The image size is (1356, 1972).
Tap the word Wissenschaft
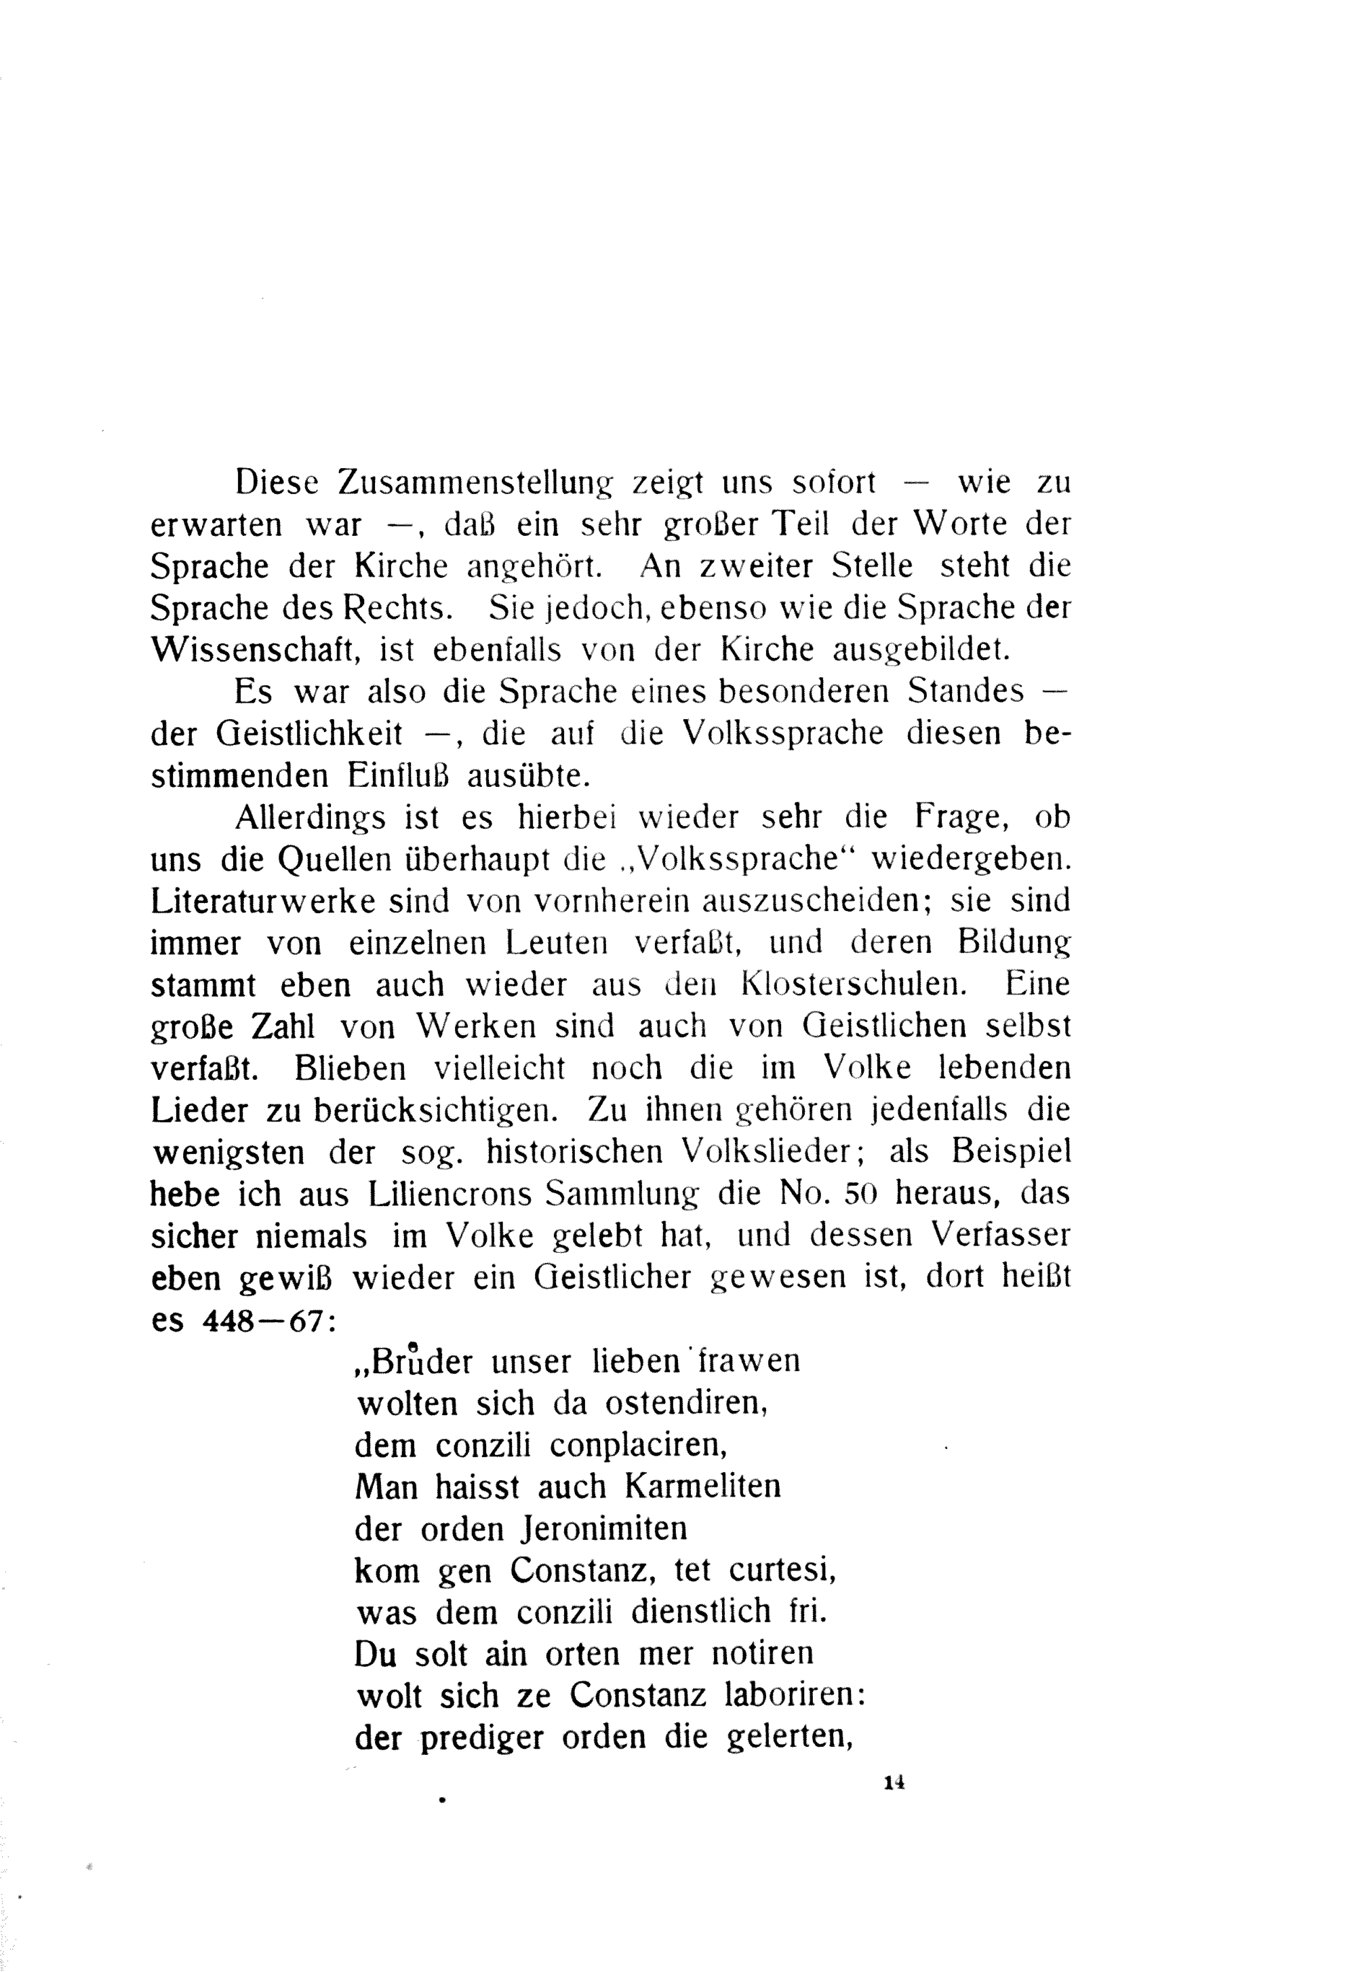click(x=258, y=651)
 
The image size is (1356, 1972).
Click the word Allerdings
click(x=310, y=817)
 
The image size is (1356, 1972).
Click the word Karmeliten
click(x=702, y=1488)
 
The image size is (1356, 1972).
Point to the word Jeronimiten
click(x=602, y=1529)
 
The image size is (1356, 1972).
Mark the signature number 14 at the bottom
click(x=894, y=1783)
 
